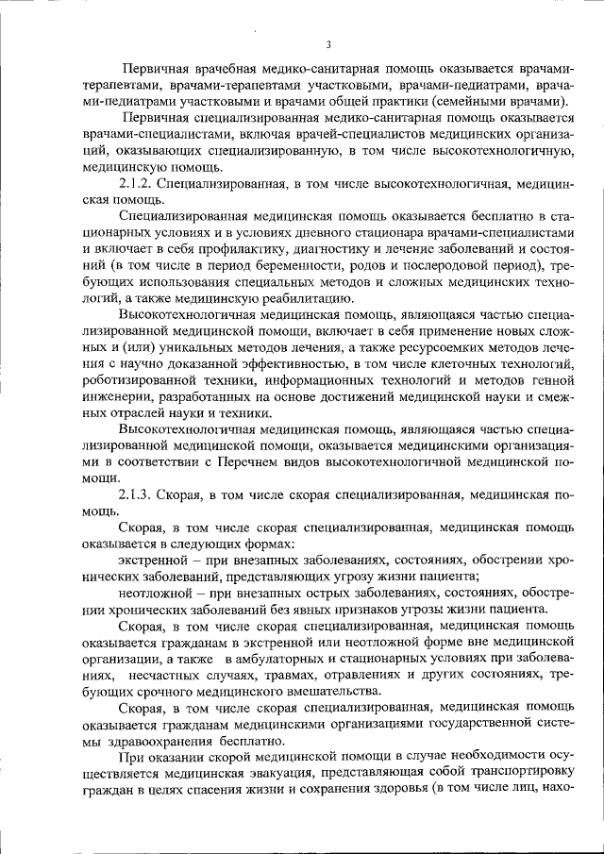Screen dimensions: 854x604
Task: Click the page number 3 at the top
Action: pyautogui.click(x=327, y=44)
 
